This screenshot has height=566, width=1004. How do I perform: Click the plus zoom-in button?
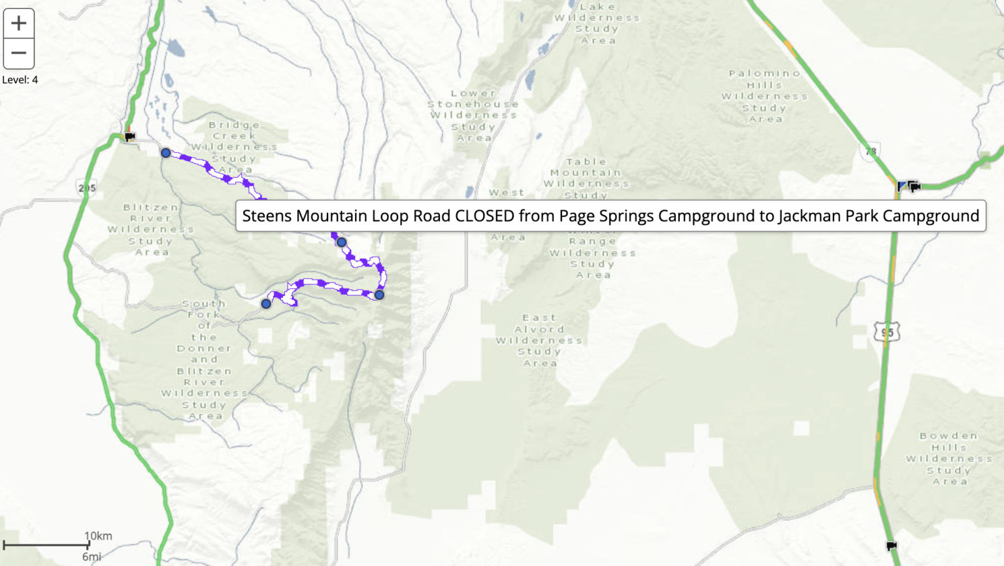pyautogui.click(x=18, y=24)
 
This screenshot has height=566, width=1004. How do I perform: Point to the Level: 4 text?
pyautogui.click(x=20, y=80)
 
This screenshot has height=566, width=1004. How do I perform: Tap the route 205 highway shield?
pyautogui.click(x=87, y=188)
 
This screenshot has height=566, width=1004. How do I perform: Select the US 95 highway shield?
pyautogui.click(x=887, y=332)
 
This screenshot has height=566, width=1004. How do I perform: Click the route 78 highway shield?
pyautogui.click(x=870, y=152)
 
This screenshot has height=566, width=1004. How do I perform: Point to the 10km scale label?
pyautogui.click(x=98, y=536)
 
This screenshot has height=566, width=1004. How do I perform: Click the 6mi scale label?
pyautogui.click(x=92, y=557)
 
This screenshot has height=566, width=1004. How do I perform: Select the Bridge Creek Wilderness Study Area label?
pyautogui.click(x=234, y=147)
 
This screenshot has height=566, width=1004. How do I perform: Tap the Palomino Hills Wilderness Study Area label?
pyautogui.click(x=765, y=96)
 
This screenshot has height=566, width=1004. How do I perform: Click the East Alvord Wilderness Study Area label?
pyautogui.click(x=539, y=340)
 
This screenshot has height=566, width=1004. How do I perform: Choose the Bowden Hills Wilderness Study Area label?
pyautogui.click(x=949, y=458)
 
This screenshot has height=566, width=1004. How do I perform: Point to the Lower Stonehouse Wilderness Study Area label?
pyautogui.click(x=473, y=116)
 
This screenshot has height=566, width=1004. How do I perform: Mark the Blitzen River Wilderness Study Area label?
pyautogui.click(x=151, y=229)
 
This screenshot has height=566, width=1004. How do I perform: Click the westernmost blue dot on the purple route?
pyautogui.click(x=166, y=153)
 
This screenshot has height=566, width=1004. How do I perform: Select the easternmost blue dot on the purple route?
pyautogui.click(x=379, y=295)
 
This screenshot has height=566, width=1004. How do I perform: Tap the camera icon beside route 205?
pyautogui.click(x=130, y=137)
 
